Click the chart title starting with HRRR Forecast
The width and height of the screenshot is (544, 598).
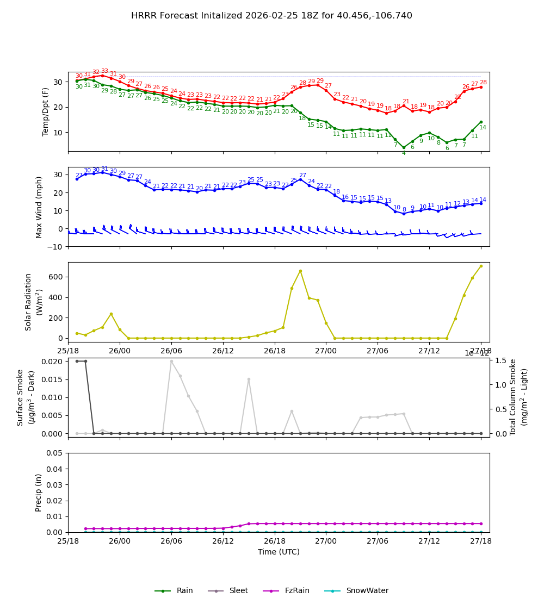[271, 16]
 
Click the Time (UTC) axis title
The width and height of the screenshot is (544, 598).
[279, 552]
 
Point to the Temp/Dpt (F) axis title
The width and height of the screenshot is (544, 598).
[46, 111]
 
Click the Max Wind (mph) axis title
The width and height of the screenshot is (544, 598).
[39, 207]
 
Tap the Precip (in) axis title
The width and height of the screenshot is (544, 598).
[39, 492]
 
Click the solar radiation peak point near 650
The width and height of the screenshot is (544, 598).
[300, 271]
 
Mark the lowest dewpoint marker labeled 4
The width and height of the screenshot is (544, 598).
[404, 147]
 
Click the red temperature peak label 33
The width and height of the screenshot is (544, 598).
[104, 71]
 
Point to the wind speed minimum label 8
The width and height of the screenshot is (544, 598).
[404, 209]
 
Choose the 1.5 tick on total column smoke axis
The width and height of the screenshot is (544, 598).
[500, 360]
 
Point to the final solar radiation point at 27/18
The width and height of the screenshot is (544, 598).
[481, 266]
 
